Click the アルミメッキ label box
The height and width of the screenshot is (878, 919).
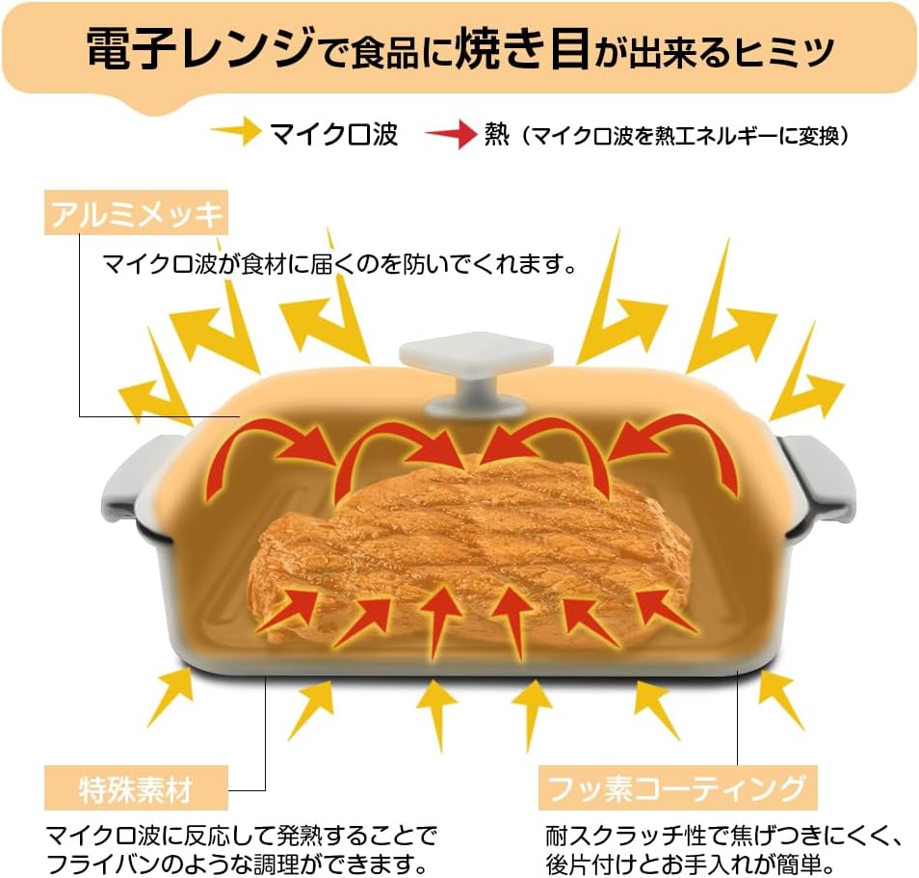[x=136, y=212]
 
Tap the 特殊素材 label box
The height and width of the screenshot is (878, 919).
[x=136, y=787]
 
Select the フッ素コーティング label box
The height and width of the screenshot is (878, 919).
[x=677, y=787]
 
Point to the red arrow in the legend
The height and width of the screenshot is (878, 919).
[x=451, y=134]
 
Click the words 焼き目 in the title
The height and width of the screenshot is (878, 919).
[x=522, y=48]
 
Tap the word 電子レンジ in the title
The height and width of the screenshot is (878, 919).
[x=199, y=48]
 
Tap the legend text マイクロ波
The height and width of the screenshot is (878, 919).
[x=334, y=134]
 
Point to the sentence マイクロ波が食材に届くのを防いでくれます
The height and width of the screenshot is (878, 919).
[x=340, y=264]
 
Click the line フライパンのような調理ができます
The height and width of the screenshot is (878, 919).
[x=237, y=864]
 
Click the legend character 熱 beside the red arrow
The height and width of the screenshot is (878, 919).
[x=496, y=134]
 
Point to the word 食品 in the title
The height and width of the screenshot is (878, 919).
[x=384, y=52]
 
